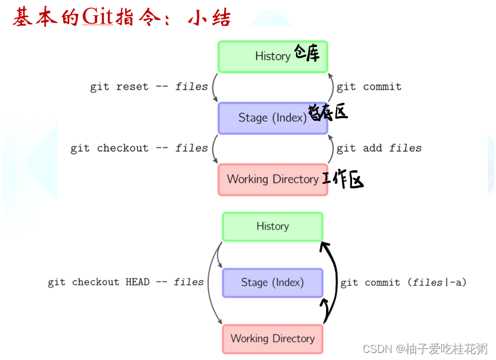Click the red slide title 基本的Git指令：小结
click(x=121, y=17)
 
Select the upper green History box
click(x=272, y=57)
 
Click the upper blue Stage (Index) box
click(x=272, y=118)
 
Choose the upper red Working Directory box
click(x=272, y=179)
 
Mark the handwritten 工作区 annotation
click(x=343, y=180)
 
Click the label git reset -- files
click(x=149, y=87)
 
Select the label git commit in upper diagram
click(x=369, y=87)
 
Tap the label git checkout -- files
click(x=139, y=148)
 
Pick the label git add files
click(x=379, y=148)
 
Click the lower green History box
click(x=272, y=226)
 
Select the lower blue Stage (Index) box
click(x=272, y=283)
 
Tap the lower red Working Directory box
click(x=272, y=339)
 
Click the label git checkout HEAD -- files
click(x=126, y=282)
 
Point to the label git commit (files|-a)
click(x=403, y=282)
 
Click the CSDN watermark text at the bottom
click(x=425, y=349)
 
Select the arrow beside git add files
click(x=331, y=148)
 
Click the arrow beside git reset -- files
click(x=213, y=87)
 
